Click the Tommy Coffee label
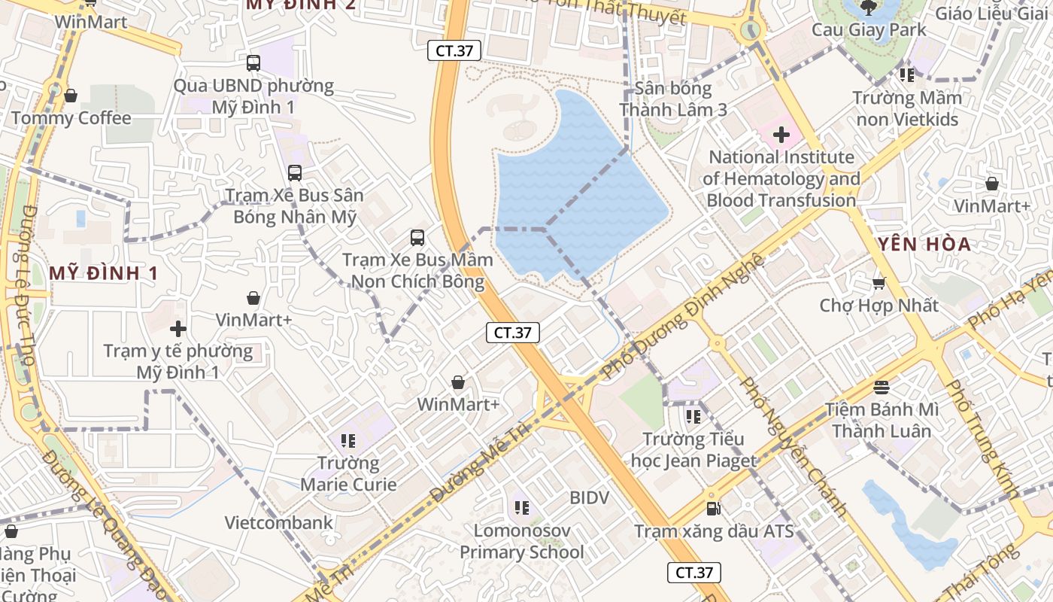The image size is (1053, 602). [x=71, y=118]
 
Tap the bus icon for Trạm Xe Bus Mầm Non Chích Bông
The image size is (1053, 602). [x=417, y=238]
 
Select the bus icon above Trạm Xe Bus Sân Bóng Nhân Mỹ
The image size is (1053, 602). [x=295, y=173]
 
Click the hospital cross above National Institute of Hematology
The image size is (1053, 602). [x=781, y=135]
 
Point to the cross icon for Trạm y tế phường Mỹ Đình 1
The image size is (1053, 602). [x=178, y=329]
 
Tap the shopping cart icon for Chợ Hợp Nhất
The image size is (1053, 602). [x=879, y=284]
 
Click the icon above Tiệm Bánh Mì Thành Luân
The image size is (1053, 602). [x=882, y=387]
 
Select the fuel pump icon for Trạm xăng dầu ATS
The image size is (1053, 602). [x=713, y=509]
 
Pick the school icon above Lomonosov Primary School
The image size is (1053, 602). [x=521, y=508]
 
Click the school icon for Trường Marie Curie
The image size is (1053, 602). [x=347, y=440]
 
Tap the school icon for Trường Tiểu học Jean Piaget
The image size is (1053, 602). [x=693, y=416]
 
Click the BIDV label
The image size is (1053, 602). [x=589, y=498]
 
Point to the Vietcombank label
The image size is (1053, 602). [x=278, y=522]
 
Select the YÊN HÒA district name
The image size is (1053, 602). [x=924, y=244]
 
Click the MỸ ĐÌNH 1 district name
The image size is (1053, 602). [x=104, y=273]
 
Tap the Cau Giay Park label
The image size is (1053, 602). [x=869, y=30]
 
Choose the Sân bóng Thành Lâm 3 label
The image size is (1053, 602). [x=673, y=99]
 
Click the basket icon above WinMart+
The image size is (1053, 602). [x=458, y=382]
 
